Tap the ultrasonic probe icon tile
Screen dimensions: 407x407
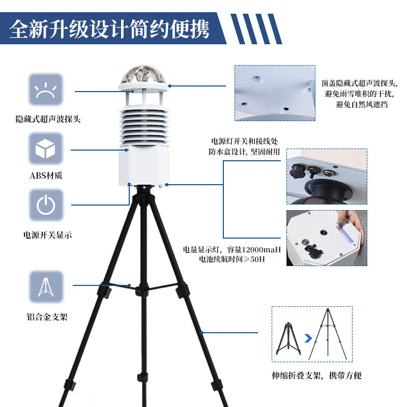pos(46,90)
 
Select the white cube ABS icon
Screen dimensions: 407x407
pos(46,149)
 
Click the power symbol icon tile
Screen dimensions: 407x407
pos(46,205)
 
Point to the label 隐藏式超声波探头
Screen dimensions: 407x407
pos(48,120)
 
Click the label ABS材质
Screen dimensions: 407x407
pos(47,176)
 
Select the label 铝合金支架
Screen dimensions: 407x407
pos(47,316)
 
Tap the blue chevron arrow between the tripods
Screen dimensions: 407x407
pos(307,337)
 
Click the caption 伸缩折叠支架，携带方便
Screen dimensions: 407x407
pos(316,376)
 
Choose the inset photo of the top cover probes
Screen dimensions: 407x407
pos(275,93)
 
